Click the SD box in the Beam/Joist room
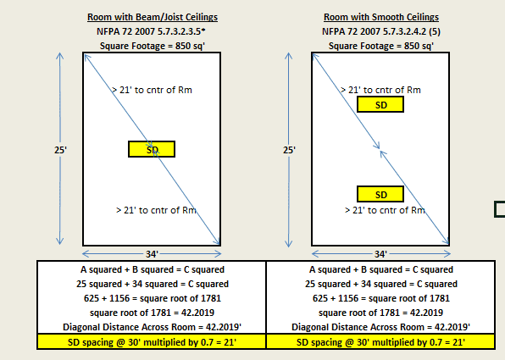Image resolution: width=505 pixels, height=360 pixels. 152,149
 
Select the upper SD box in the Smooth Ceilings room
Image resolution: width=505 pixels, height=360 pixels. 380,105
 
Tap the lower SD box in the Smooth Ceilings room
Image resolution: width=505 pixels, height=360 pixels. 380,194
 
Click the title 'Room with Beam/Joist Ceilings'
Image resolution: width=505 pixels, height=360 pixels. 153,17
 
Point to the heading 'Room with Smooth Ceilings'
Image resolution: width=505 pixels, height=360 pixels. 381,17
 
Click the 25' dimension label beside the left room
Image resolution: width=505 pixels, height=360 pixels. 60,150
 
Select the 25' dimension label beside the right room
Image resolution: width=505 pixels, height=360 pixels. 289,150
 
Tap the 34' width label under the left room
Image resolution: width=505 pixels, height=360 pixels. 152,254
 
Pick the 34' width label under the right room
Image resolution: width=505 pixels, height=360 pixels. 380,254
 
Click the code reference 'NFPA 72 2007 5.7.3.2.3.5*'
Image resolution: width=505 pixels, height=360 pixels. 151,31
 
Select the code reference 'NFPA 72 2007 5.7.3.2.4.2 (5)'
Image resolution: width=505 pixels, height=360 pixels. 381,31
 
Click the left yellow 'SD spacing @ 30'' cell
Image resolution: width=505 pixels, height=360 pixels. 152,341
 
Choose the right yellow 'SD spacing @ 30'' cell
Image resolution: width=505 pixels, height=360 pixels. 380,341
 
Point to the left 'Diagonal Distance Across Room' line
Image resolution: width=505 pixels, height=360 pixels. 152,327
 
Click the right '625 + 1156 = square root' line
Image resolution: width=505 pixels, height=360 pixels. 381,298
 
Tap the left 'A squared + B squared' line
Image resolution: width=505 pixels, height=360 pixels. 153,269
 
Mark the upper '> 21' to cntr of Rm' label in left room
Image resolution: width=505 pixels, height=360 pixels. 152,90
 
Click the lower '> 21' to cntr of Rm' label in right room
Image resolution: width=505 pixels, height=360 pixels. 385,210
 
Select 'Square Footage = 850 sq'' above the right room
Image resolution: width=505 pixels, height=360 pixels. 381,46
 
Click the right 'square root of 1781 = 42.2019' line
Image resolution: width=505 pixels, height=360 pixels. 380,313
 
